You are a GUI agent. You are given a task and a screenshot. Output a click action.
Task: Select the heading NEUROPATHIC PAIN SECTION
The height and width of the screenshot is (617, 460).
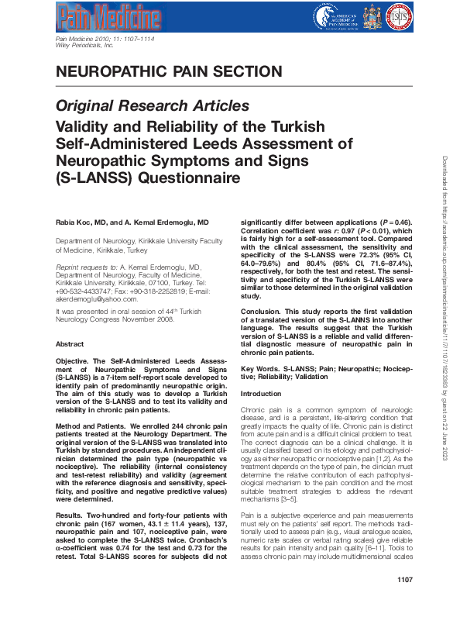coord(169,73)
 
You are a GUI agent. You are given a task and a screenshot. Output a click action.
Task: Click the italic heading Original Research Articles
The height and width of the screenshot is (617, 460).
coord(153,105)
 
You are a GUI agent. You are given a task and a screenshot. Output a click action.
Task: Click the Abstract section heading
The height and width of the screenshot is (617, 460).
coord(71,343)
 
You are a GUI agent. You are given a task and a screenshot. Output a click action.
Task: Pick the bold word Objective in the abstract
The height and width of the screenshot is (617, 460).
coord(76,361)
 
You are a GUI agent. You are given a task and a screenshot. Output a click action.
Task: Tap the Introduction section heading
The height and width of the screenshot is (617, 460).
coord(262,394)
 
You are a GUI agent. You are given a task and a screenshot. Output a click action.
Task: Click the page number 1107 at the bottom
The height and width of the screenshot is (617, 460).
coord(403,601)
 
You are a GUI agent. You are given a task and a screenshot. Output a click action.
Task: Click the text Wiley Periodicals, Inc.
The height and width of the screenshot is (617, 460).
coord(85,46)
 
